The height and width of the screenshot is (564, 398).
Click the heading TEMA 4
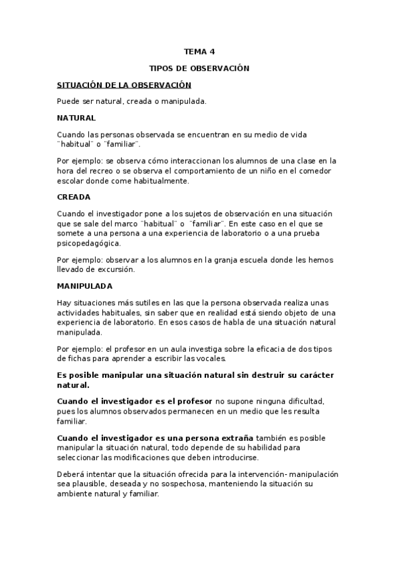(199, 51)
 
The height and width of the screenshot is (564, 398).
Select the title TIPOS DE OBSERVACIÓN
(199, 68)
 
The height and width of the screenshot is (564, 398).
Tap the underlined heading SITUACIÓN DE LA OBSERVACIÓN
(124, 85)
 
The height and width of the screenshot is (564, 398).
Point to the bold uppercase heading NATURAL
(76, 118)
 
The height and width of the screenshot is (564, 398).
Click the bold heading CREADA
(74, 197)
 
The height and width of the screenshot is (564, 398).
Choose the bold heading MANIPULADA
(84, 286)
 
